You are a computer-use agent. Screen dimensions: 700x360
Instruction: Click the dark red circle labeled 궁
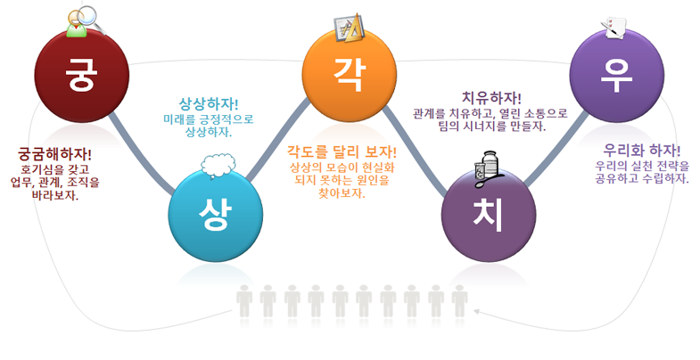pos(82,75)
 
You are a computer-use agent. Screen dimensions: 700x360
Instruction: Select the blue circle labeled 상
pos(215,214)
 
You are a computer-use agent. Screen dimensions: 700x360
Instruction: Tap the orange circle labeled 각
pos(349,74)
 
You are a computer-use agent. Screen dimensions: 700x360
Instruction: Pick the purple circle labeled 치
pos(489,215)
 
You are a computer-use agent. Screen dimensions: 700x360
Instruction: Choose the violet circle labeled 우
pos(616,75)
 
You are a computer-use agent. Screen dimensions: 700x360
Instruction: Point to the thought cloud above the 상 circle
pos(218,166)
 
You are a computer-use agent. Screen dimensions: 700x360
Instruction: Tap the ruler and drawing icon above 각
pos(350,29)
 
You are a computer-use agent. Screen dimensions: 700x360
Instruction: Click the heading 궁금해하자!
pos(54,154)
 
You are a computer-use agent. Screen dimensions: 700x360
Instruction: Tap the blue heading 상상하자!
pos(209,104)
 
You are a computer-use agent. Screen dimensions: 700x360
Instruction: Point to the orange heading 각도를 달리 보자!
pos(342,151)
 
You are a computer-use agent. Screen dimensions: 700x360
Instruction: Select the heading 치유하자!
pos(491,98)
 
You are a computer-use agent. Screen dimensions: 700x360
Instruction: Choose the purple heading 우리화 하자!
pos(642,150)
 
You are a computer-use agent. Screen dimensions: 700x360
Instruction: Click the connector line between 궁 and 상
pos(141,153)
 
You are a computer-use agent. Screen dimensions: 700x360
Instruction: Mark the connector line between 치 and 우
pos(556,148)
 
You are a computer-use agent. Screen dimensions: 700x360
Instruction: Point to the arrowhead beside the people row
pos(477,311)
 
